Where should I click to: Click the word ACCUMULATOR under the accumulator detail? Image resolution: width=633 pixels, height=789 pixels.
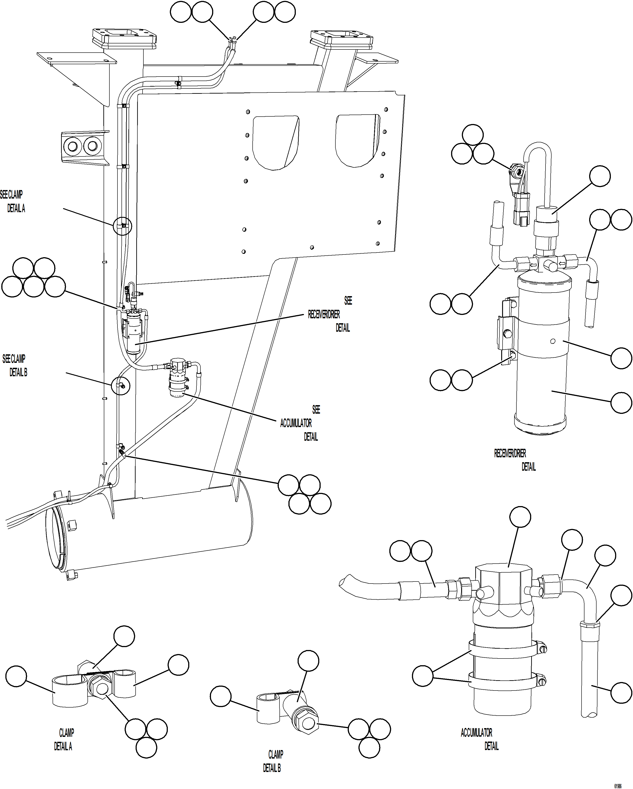point(476,733)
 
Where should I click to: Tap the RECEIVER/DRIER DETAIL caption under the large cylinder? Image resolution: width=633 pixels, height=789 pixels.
point(514,460)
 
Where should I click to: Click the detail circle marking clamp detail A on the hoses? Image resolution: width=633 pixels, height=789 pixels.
point(122,226)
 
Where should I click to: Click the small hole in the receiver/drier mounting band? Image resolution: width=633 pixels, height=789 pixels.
point(553,341)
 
